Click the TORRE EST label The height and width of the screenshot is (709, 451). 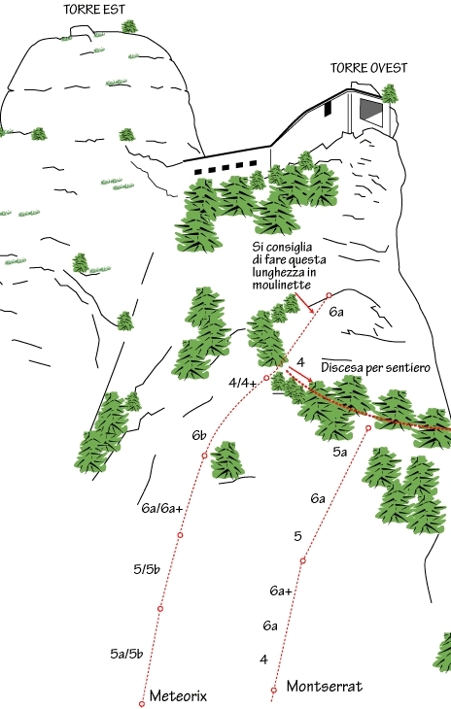tap(94, 10)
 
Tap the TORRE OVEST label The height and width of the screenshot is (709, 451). tap(368, 68)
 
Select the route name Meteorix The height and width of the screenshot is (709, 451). tap(178, 695)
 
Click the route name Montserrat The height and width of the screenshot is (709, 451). tap(325, 686)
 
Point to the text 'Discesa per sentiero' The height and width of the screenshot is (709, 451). tap(375, 368)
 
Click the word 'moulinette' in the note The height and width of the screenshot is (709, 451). tap(281, 285)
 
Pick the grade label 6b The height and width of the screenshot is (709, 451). tap(199, 435)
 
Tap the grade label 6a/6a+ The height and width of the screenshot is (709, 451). tap(162, 508)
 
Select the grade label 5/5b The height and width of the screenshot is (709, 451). tap(147, 569)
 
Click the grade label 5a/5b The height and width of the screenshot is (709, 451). tap(126, 654)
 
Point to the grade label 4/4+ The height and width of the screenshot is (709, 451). tap(242, 383)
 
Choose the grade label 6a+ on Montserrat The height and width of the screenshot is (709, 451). tap(281, 591)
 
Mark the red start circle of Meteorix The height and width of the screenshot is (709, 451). tap(142, 704)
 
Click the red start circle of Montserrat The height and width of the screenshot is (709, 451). tap(274, 690)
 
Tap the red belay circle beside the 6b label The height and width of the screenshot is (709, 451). tap(204, 456)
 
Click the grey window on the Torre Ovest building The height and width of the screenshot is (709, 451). tap(370, 110)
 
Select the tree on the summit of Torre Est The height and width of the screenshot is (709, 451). tap(129, 26)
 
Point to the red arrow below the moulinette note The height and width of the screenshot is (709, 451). tap(304, 303)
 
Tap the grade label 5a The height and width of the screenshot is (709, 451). tap(340, 452)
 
